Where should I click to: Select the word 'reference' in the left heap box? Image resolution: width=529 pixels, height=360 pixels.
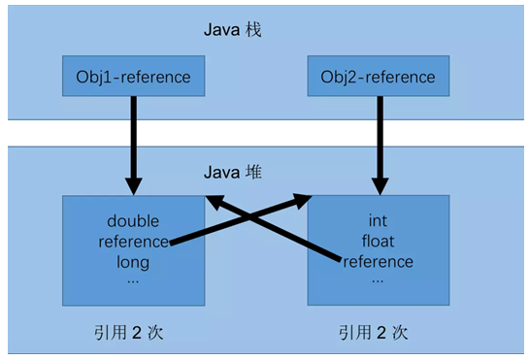point(132,242)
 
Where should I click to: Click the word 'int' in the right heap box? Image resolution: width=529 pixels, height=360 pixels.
point(379,221)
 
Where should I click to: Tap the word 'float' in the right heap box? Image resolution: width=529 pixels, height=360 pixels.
point(378,242)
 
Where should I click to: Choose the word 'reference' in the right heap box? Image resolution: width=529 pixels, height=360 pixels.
point(379,261)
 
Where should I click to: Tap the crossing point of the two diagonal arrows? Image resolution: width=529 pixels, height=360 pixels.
point(256,224)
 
